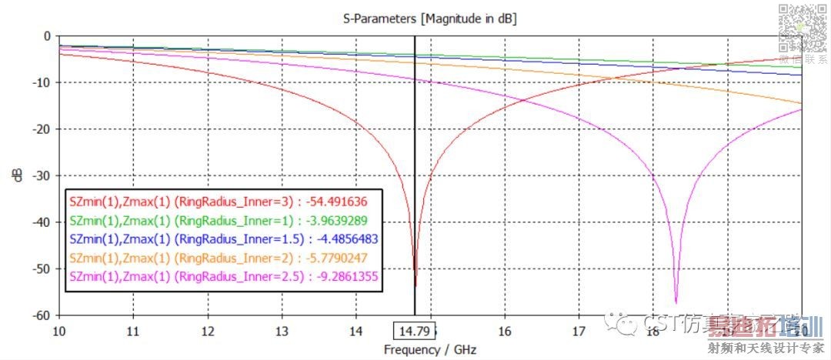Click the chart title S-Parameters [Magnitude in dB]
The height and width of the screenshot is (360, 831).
pyautogui.click(x=429, y=18)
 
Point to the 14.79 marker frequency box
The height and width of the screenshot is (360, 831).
pyautogui.click(x=414, y=332)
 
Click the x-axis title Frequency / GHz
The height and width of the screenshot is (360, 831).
pyautogui.click(x=430, y=350)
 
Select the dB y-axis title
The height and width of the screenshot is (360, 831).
pyautogui.click(x=16, y=175)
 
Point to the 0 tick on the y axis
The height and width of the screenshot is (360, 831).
pyautogui.click(x=47, y=35)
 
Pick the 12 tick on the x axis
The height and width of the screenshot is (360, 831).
pyautogui.click(x=207, y=331)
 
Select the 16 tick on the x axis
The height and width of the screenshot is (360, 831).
pyautogui.click(x=504, y=331)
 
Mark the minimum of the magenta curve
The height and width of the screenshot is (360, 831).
pyautogui.click(x=676, y=303)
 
